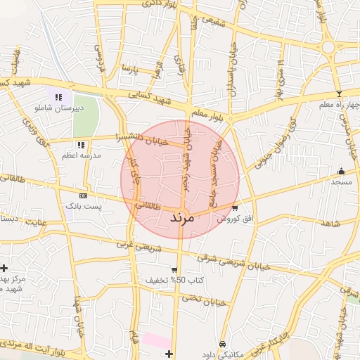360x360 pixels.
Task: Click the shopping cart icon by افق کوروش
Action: (x=234, y=208)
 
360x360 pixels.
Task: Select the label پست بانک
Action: (x=84, y=207)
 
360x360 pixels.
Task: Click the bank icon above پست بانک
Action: (x=84, y=195)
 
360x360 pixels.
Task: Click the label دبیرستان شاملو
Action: (x=59, y=108)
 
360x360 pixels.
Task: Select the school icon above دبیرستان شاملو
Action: (x=59, y=98)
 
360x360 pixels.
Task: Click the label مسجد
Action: (x=342, y=181)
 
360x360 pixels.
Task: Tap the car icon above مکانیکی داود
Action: (x=222, y=345)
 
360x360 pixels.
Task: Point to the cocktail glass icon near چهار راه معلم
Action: (x=339, y=94)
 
